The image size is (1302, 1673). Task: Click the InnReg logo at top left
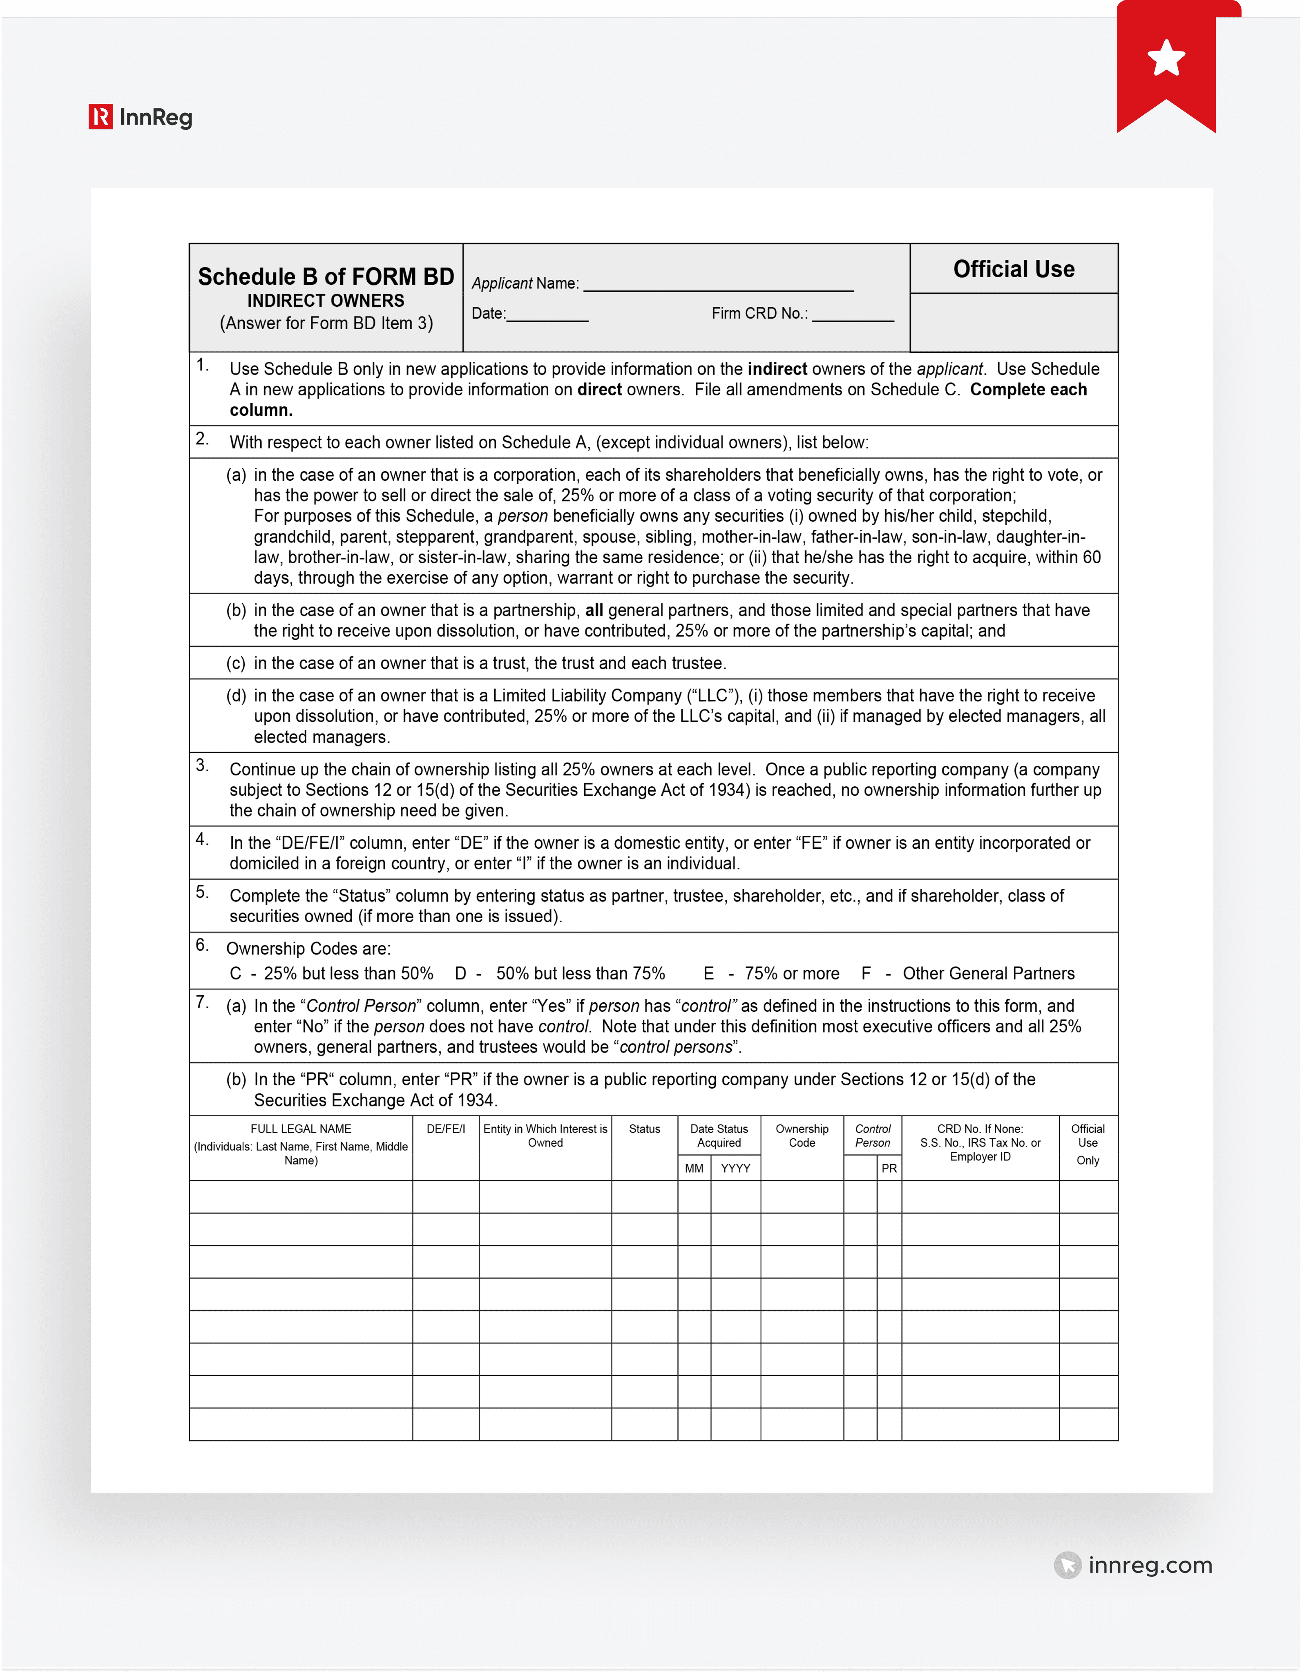click(140, 117)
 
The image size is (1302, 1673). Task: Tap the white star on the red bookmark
click(1166, 58)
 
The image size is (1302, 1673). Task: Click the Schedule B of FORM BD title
click(326, 277)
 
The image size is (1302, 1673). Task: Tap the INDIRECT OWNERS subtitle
click(326, 300)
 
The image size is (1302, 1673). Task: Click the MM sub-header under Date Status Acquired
click(694, 1168)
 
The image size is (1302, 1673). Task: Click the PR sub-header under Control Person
click(889, 1168)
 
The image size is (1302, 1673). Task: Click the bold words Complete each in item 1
click(1027, 390)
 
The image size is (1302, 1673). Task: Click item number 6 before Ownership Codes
click(201, 945)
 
